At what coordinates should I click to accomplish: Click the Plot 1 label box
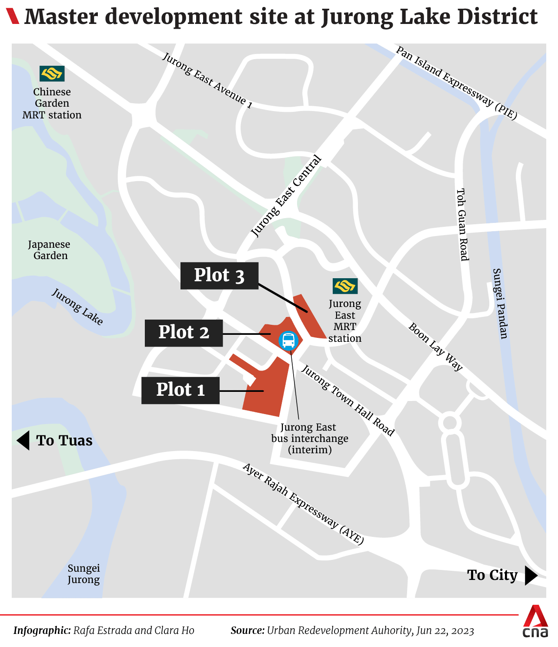(180, 390)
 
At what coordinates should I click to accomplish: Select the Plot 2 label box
(184, 333)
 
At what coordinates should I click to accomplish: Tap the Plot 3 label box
(219, 276)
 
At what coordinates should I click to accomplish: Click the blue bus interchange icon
(288, 340)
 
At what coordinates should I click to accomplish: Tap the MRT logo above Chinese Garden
(52, 74)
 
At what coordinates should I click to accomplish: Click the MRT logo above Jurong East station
(345, 286)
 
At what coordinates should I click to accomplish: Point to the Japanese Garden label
(50, 250)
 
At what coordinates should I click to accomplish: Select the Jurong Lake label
(77, 307)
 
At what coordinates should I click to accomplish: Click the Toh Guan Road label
(463, 224)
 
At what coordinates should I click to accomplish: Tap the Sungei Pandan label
(500, 303)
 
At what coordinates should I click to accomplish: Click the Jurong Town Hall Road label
(348, 400)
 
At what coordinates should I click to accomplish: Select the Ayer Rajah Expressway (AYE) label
(303, 503)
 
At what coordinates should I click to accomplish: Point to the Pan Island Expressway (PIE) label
(456, 82)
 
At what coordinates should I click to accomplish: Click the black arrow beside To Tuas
(23, 441)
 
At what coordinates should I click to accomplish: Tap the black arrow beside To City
(531, 575)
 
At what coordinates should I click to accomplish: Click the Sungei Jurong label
(84, 574)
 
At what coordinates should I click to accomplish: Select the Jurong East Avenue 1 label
(207, 80)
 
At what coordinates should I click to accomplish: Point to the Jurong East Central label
(287, 196)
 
